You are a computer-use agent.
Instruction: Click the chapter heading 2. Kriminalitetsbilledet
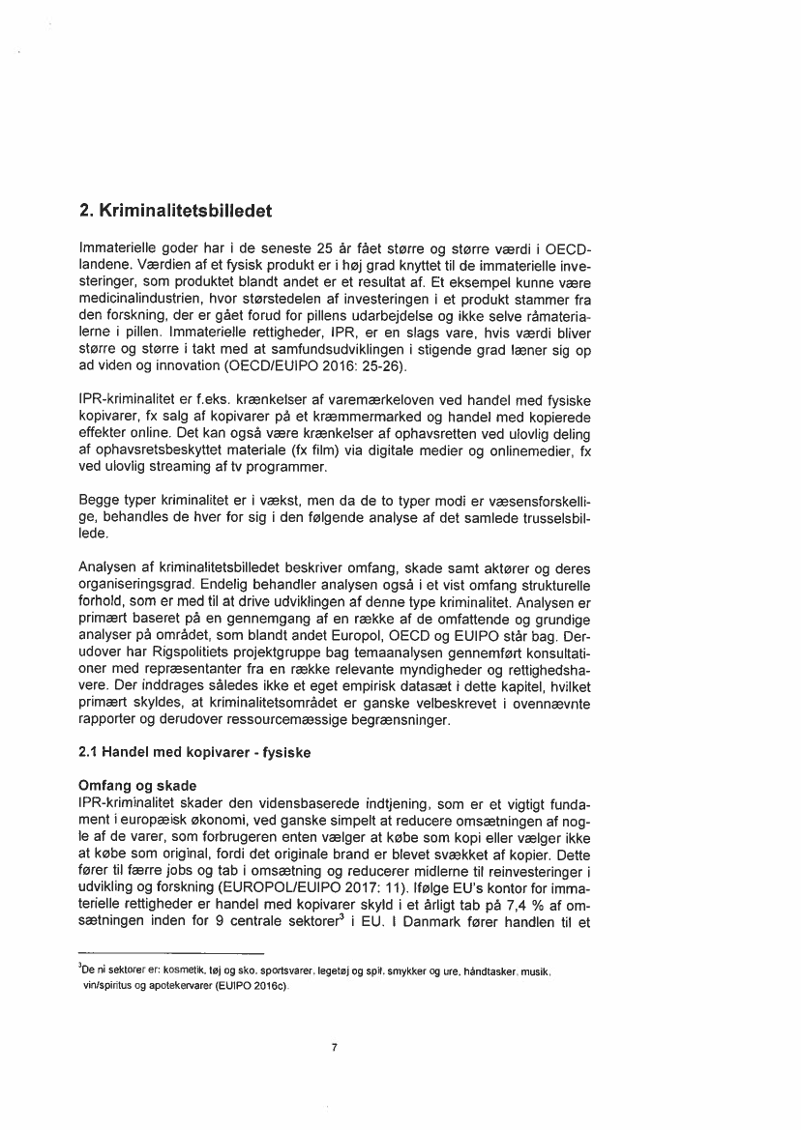[x=175, y=210]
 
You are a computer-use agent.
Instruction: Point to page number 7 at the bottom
[x=333, y=1046]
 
